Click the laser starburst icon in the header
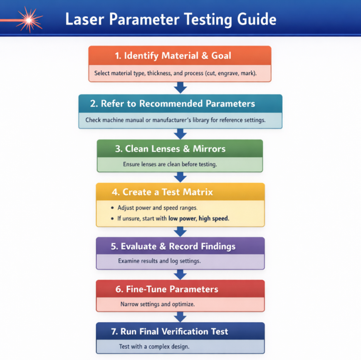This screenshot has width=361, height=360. coord(28,20)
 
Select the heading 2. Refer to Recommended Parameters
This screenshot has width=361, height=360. coord(178,104)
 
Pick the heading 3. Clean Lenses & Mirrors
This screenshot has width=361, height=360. coord(175,148)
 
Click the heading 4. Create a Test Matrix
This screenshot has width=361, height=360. coord(162,192)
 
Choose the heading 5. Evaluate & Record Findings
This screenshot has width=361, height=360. coord(173,246)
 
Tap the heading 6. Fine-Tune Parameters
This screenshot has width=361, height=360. coord(166,289)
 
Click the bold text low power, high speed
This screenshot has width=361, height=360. coord(198,218)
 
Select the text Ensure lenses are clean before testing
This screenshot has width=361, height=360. coord(170,164)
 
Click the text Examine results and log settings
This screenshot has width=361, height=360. coord(160,261)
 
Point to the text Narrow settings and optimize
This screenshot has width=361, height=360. coord(157,304)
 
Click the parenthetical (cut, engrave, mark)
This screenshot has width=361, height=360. coord(230,73)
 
